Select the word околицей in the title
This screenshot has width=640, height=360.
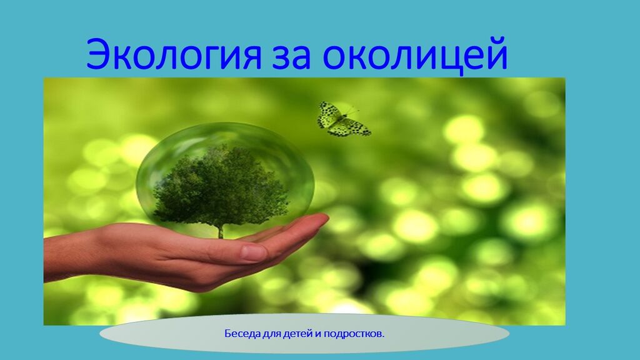pos(415,55)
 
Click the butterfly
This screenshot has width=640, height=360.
pos(343,119)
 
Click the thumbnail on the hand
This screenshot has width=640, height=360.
pos(254,252)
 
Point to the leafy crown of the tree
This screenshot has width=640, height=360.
pos(221,187)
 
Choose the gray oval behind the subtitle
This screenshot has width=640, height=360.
pos(304,334)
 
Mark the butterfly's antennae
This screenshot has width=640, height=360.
pos(351,111)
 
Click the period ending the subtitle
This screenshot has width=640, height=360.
pos(383,337)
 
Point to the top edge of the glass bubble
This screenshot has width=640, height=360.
pos(224,124)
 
